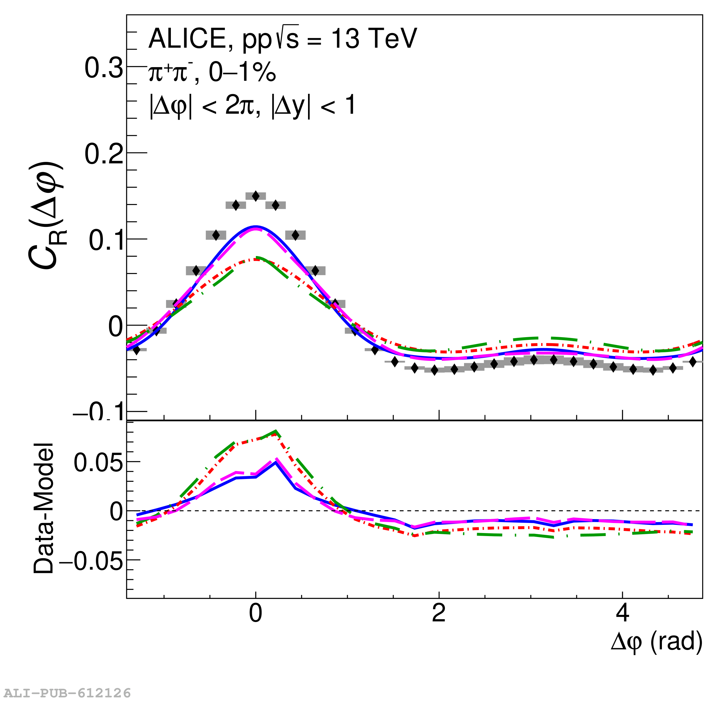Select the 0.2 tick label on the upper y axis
coord(103,154)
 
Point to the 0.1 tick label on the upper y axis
coord(106,241)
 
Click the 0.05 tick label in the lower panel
coord(98,463)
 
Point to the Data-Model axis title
coord(43,509)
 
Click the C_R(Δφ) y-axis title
coord(46,216)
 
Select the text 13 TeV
coord(374,38)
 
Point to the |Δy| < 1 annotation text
coord(313,106)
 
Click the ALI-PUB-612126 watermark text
coord(66,692)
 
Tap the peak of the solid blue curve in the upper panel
coord(256,226)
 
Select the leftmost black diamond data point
coord(136,350)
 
